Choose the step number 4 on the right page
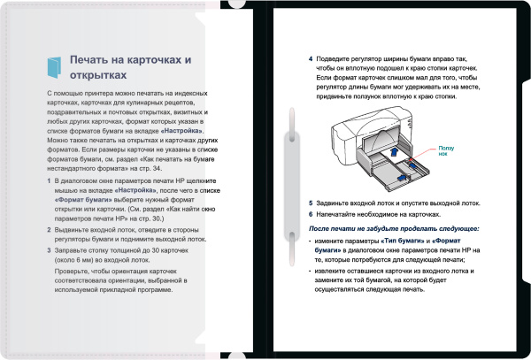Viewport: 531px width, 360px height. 311,60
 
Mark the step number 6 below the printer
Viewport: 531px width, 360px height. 311,214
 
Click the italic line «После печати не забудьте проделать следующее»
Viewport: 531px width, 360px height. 394,228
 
